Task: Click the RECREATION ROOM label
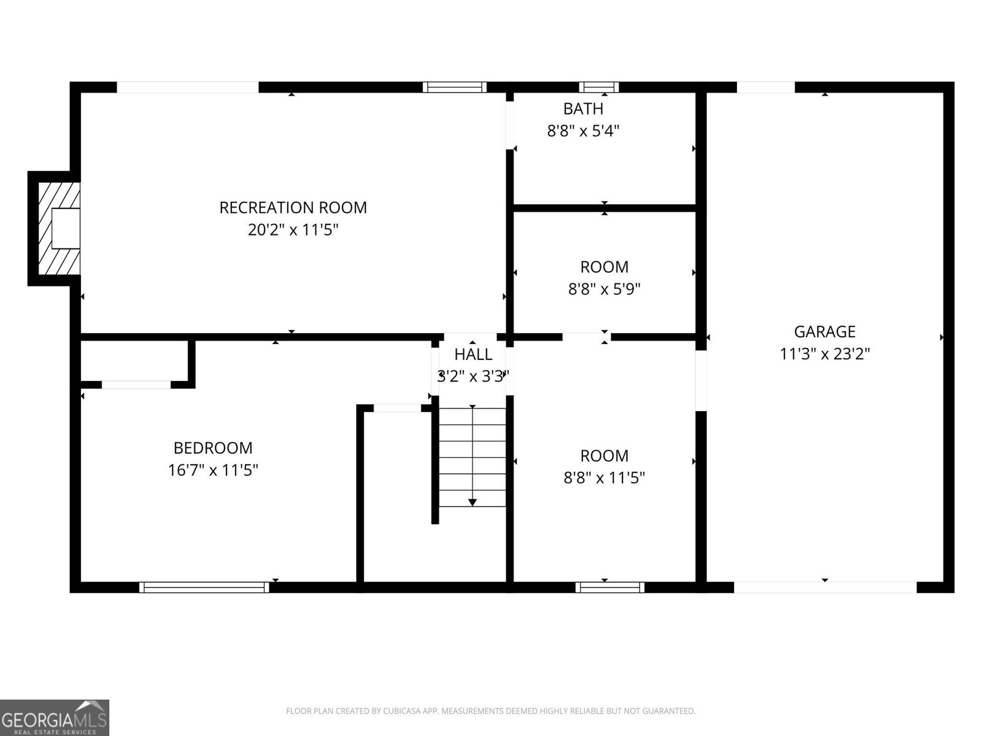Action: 293,207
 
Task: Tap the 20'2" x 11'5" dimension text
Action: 293,230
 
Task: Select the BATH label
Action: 583,109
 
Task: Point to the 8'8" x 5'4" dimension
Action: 583,131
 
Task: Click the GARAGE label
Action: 824,332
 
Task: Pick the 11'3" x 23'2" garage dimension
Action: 824,354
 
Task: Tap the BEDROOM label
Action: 213,448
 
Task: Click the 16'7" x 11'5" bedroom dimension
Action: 213,470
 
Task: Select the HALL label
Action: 473,355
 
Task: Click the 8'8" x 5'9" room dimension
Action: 604,289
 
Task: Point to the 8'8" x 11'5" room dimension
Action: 604,478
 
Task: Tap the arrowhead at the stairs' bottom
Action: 472,502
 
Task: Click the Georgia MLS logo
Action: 55,718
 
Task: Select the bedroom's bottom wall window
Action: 204,587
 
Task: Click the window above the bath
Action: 598,87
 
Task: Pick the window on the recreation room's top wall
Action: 455,87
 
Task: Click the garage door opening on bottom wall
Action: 825,587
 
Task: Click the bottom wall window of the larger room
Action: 609,587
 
